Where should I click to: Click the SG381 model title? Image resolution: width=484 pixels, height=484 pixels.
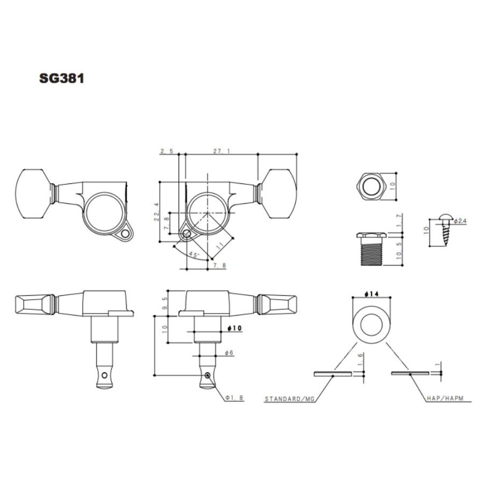click(61, 79)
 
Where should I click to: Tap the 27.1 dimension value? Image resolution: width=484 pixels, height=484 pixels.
click(222, 151)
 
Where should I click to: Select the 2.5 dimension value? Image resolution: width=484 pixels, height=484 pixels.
click(167, 151)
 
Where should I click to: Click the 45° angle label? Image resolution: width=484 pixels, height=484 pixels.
click(195, 255)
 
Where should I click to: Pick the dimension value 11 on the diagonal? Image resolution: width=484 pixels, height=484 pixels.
click(219, 246)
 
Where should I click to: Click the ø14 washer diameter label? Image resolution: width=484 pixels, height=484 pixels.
click(371, 294)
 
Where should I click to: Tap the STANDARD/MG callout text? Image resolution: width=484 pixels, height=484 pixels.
click(289, 399)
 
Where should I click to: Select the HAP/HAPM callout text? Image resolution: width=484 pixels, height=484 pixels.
click(445, 398)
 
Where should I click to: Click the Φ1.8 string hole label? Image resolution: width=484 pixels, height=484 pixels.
click(234, 398)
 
